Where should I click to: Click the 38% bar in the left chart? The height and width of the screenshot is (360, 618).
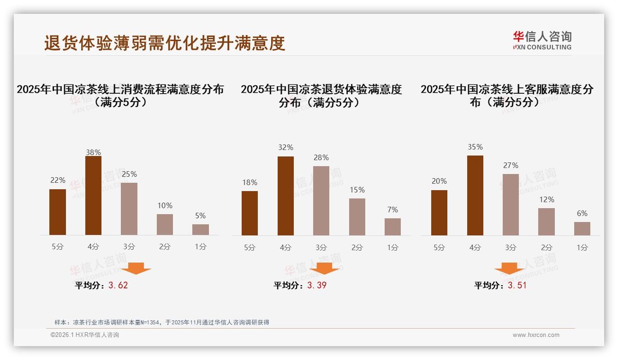93,196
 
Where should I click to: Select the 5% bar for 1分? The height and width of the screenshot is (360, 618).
201,229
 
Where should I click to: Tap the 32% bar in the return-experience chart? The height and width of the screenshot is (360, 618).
285,196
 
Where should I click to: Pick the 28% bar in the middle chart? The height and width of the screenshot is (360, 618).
321,201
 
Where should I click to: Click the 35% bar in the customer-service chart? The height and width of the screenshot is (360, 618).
475,195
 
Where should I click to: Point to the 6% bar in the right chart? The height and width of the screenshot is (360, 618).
582,228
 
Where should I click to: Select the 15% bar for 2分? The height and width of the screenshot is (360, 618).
357,217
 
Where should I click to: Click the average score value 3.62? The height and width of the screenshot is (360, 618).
118,285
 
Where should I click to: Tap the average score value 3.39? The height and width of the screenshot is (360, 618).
317,285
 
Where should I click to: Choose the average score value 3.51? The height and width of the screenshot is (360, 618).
517,285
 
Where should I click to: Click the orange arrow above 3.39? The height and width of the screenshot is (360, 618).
324,268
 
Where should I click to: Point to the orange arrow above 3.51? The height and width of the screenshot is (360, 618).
509,268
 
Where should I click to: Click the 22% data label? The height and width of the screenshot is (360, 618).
58,180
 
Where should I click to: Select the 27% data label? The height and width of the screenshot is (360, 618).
511,165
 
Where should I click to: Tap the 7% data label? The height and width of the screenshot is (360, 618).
392,210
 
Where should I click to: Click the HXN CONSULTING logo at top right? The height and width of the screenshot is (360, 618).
542,40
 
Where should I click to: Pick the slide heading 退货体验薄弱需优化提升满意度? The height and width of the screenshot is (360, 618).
165,43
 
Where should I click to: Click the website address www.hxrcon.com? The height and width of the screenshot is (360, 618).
536,335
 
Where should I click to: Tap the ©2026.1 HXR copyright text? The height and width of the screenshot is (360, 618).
85,335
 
